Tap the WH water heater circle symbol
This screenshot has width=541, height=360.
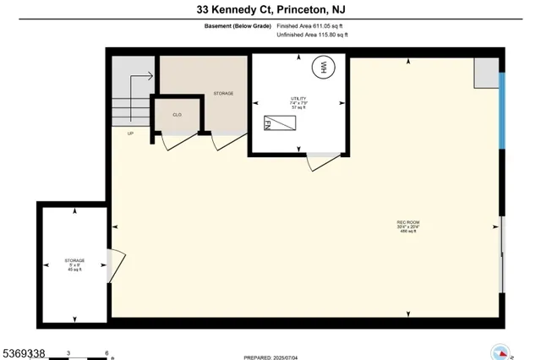click(322, 68)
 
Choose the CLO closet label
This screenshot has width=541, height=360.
click(178, 114)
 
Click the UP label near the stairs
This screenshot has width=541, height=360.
click(130, 134)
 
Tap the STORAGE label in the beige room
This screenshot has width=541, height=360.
click(223, 93)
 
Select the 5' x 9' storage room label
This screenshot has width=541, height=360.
click(74, 265)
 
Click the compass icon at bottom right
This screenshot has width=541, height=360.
click(500, 352)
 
